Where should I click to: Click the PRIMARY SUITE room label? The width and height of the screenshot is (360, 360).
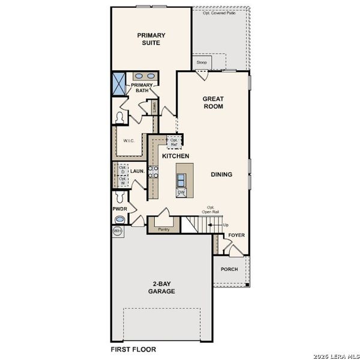151,39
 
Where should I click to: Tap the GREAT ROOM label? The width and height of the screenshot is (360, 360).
213,103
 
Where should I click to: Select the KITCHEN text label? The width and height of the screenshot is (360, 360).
176,156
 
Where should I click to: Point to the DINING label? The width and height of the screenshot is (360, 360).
221,175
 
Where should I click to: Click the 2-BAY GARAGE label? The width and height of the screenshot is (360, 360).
162,287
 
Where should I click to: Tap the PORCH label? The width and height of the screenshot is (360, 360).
229,269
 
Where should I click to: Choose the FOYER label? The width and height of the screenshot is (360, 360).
236,235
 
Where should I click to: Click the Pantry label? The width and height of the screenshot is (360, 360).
163,229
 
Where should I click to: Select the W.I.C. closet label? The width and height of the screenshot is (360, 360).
128,141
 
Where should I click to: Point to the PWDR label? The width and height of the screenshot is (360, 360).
119,209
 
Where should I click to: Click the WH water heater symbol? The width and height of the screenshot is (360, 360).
117,230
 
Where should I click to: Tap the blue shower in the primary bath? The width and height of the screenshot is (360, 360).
119,83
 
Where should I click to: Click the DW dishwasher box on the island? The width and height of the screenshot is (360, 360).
181,192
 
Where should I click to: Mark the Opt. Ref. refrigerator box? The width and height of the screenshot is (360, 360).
174,142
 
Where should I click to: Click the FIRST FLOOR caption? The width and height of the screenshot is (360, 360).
133,349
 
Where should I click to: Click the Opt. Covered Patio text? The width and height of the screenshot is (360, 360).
218,13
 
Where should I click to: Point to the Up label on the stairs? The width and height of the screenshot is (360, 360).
226,225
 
